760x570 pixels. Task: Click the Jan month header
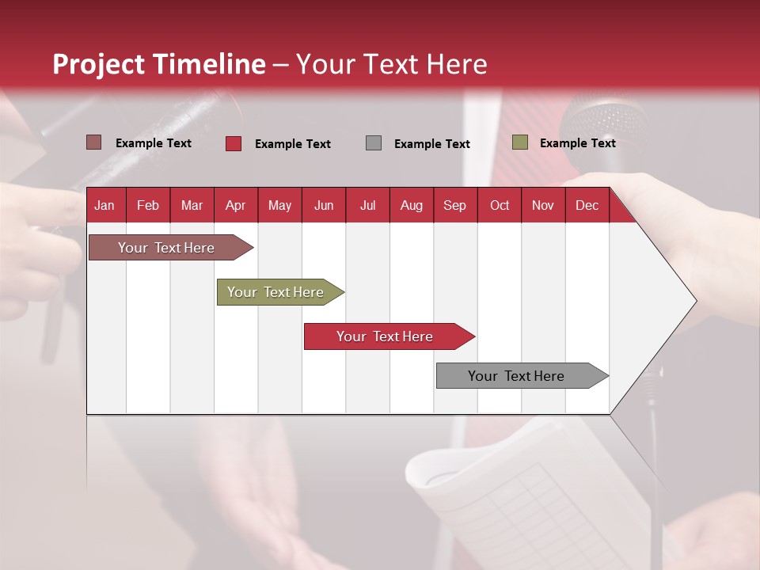click(104, 206)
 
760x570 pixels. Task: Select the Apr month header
click(235, 206)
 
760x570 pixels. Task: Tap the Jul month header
click(367, 206)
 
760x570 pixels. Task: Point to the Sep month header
click(454, 206)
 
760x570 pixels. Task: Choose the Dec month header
click(587, 206)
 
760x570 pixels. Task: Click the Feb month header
click(148, 206)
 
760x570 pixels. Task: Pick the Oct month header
click(500, 206)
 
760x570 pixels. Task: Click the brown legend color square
click(93, 142)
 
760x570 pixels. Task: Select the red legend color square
click(234, 143)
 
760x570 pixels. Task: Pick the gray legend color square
click(374, 143)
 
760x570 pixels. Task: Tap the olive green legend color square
click(519, 142)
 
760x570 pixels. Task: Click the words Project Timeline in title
click(158, 64)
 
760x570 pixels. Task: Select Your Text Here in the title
click(391, 64)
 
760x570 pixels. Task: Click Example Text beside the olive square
click(577, 143)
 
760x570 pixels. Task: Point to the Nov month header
click(543, 206)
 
